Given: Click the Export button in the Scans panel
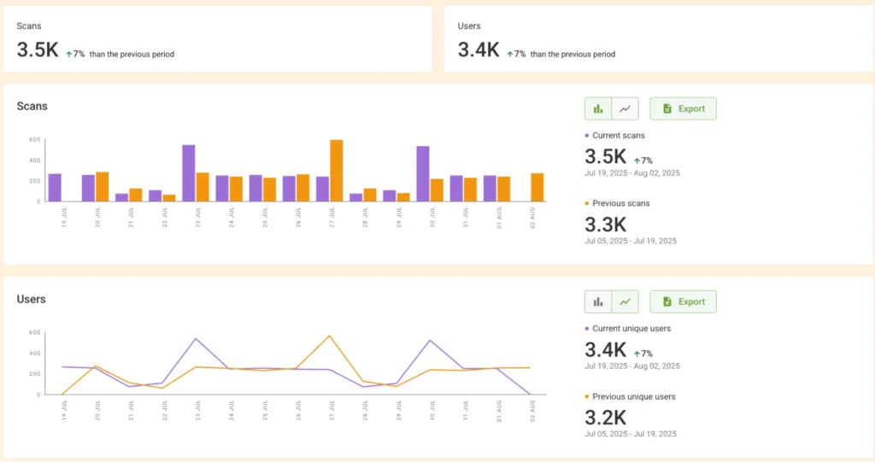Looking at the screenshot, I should click(x=683, y=108).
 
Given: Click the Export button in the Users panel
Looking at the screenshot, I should click(x=683, y=301).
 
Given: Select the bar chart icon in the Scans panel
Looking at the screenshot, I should click(x=598, y=108).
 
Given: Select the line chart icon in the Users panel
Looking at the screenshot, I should click(x=625, y=301).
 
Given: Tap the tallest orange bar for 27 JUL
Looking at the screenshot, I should click(x=336, y=171).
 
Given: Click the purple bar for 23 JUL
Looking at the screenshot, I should click(x=189, y=173).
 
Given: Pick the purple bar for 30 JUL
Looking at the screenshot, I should click(x=423, y=174).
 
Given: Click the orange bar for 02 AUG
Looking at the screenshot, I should click(x=537, y=187).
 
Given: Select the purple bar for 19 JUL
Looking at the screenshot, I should click(x=55, y=188).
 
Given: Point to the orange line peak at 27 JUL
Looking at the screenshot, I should click(x=329, y=336).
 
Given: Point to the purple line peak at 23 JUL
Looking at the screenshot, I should click(x=196, y=339).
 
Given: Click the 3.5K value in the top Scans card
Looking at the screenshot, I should click(x=38, y=50).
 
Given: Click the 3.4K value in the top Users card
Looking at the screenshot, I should click(x=479, y=50).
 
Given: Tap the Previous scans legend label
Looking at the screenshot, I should click(x=620, y=202).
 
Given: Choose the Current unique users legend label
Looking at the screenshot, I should click(x=631, y=328).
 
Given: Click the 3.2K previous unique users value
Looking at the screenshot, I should click(x=605, y=418).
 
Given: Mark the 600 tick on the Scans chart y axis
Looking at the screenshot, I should click(x=35, y=139).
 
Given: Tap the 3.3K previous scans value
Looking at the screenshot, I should click(x=605, y=225).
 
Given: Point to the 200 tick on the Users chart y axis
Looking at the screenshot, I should click(x=35, y=374).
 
